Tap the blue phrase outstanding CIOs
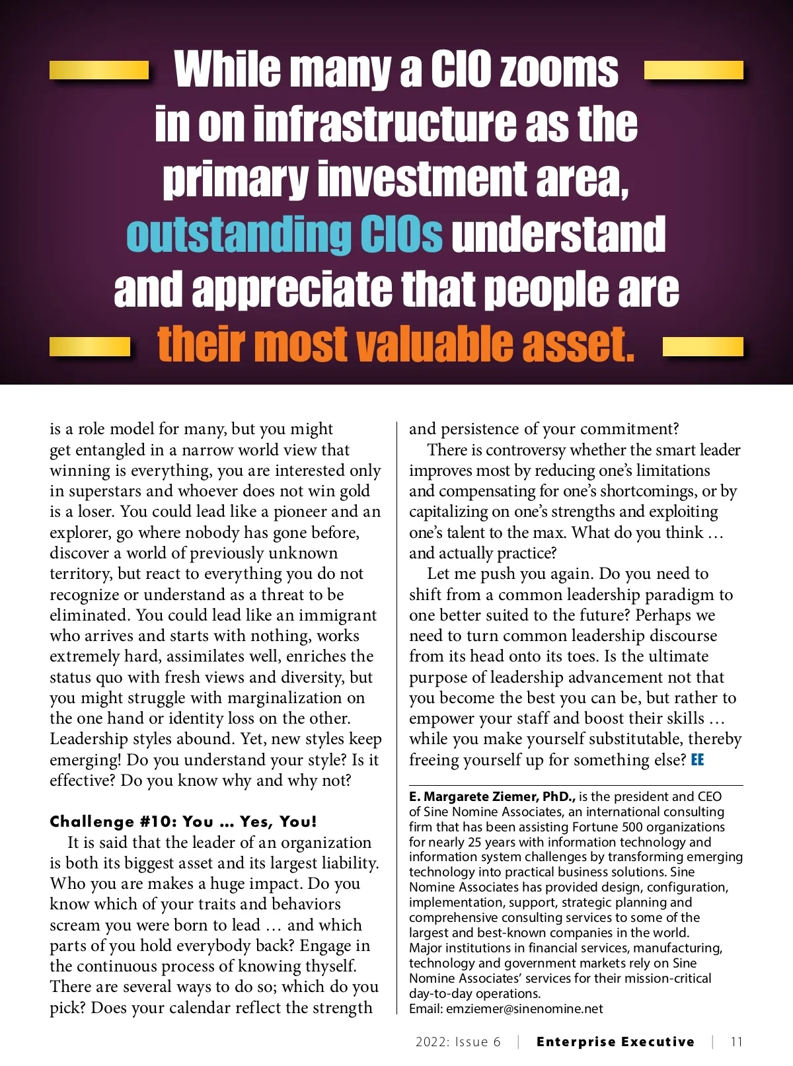284,234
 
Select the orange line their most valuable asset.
396,344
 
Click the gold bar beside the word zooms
693,70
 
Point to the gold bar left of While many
99,70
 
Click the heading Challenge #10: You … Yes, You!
183,821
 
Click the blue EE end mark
697,760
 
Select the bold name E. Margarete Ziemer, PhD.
492,797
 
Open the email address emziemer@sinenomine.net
525,1009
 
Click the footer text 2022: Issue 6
458,1042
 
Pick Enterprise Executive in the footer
615,1042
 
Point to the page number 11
737,1042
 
